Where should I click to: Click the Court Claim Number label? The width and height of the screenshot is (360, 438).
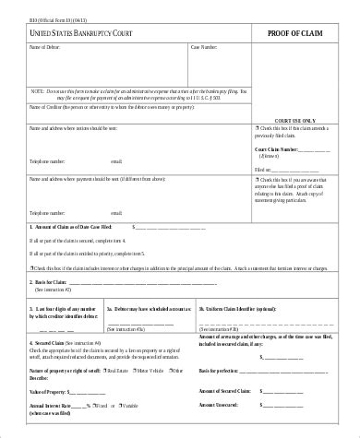(277, 148)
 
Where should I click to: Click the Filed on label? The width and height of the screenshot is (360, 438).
(264, 170)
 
